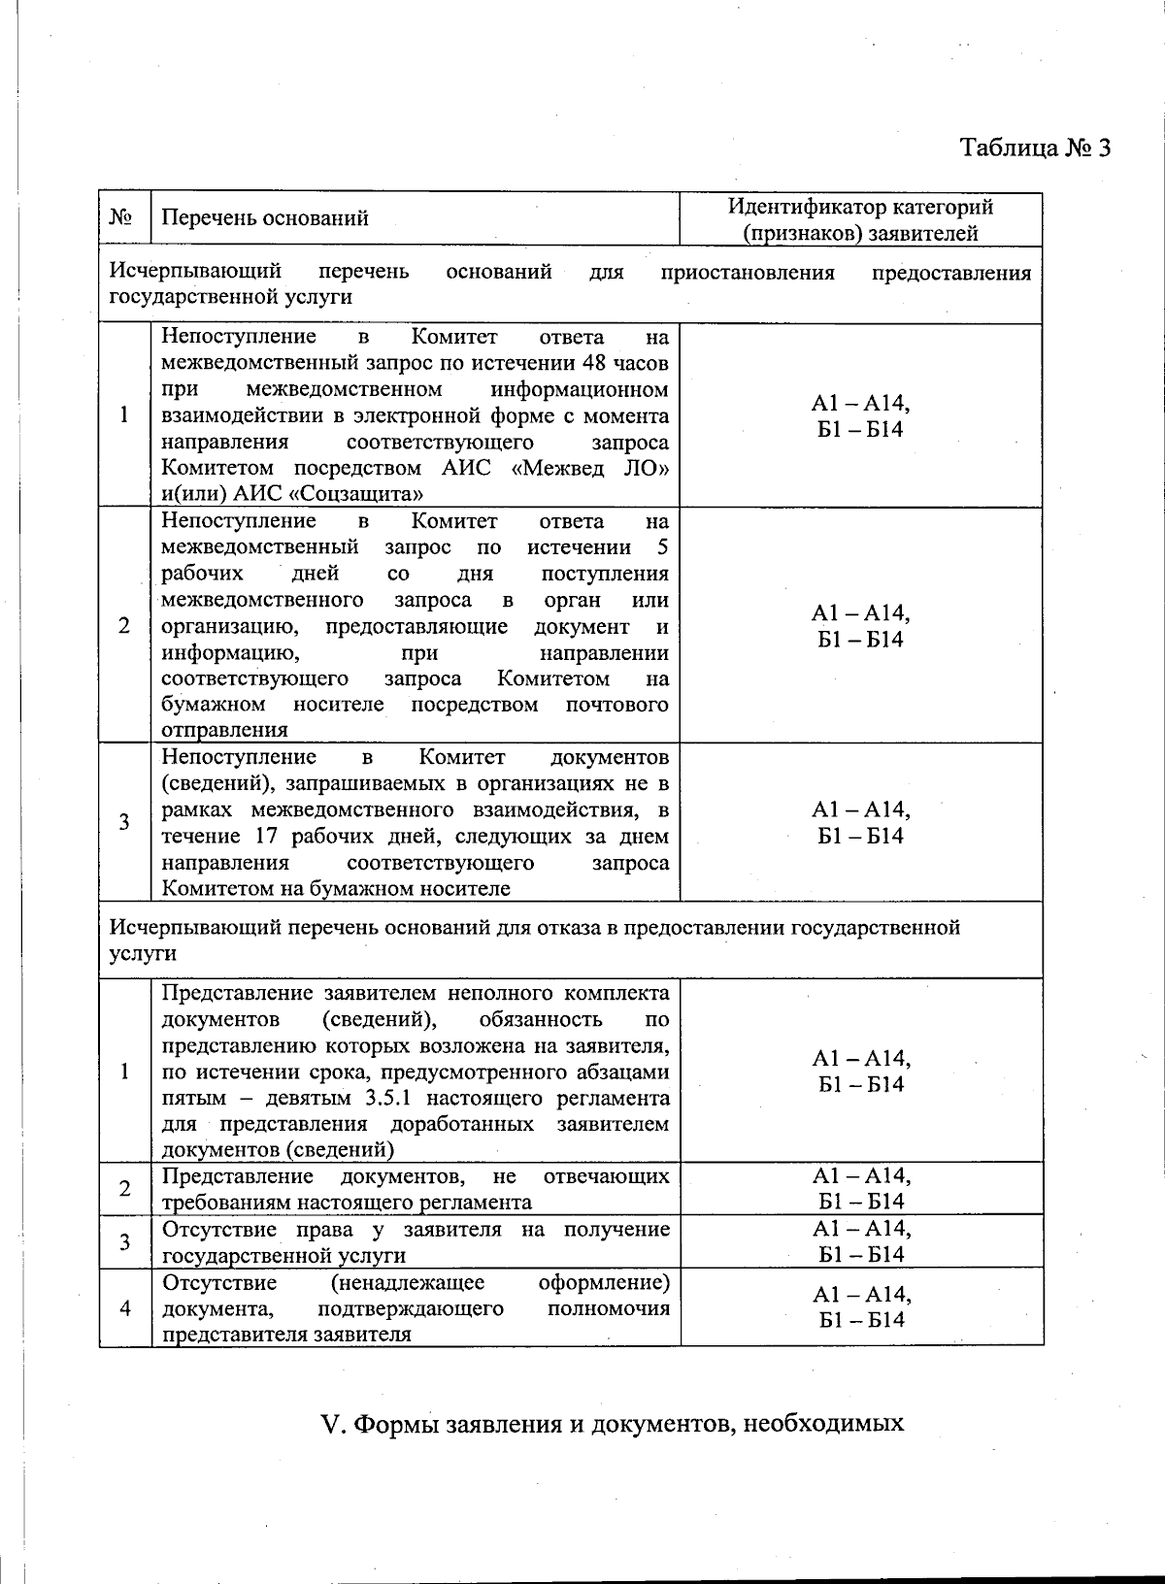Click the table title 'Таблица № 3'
(x=1034, y=148)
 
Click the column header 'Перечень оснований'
(x=264, y=218)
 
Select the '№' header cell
(x=122, y=217)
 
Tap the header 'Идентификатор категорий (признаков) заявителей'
(x=861, y=219)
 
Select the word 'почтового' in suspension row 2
(x=617, y=705)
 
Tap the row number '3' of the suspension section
(x=124, y=823)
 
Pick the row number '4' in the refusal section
(x=124, y=1308)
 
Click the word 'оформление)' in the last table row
(x=604, y=1283)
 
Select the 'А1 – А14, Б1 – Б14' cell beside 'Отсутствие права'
(x=861, y=1242)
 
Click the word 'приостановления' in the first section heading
(x=748, y=273)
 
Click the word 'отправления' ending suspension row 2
(x=224, y=730)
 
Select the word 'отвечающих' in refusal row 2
(x=607, y=1177)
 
